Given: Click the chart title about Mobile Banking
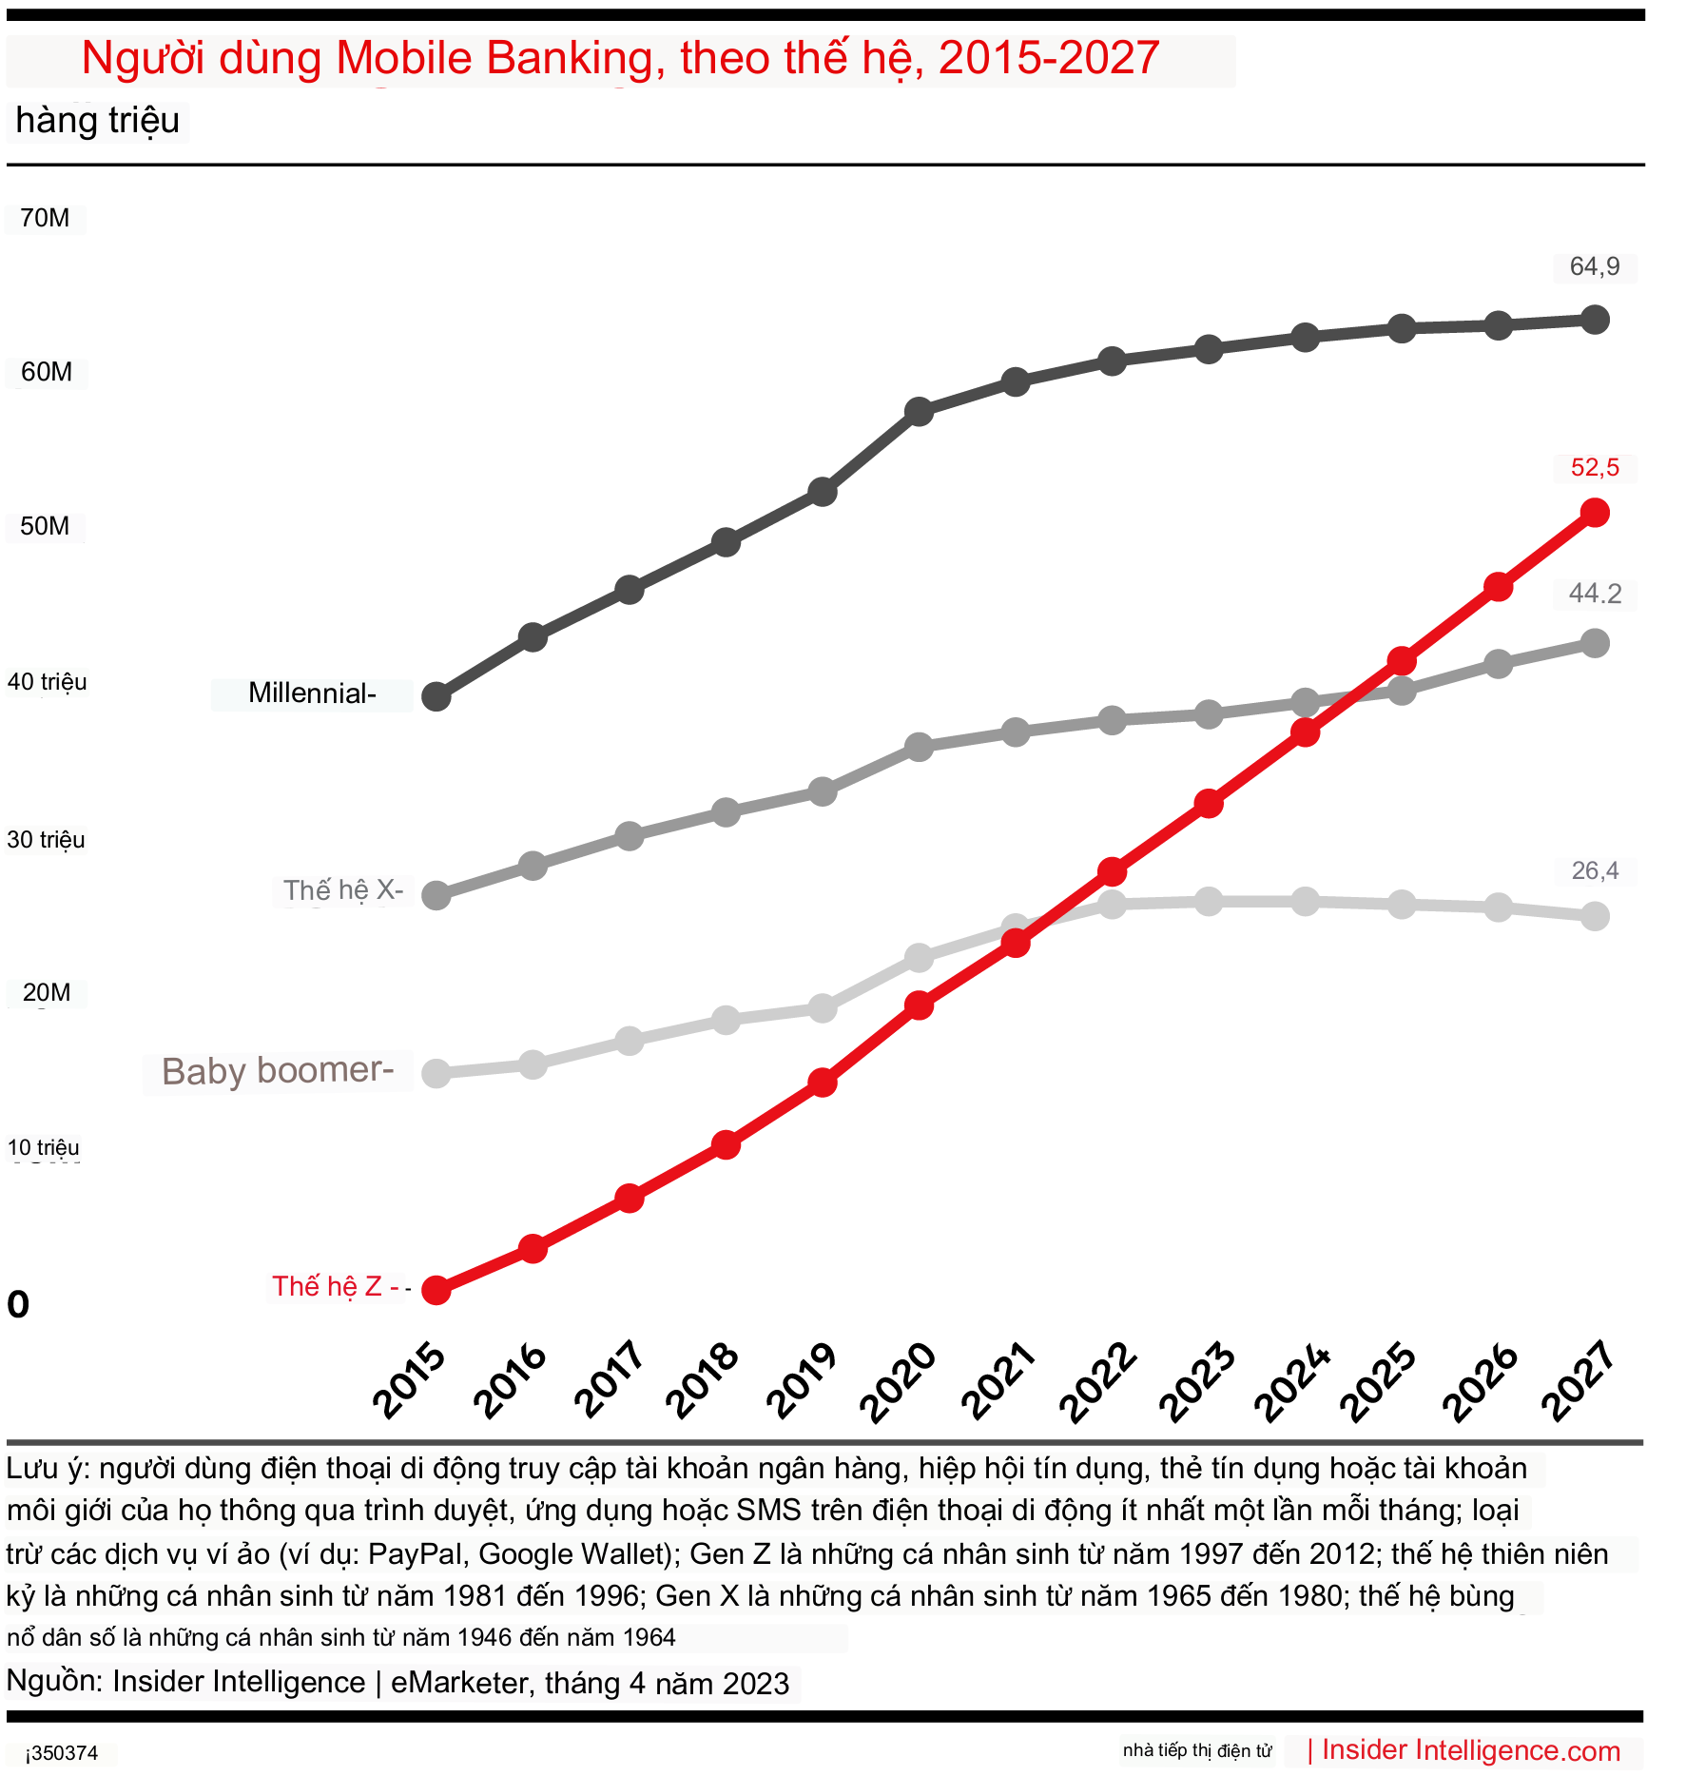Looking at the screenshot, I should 620,59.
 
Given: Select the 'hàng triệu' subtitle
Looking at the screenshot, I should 97,122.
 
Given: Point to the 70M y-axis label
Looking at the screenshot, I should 45,218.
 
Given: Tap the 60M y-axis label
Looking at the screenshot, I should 46,372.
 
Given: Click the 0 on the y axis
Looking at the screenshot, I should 18,1304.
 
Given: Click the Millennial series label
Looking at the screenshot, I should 311,693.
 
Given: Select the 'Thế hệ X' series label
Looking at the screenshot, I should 342,890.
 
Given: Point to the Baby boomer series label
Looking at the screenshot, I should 277,1071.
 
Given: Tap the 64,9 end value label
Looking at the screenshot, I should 1594,266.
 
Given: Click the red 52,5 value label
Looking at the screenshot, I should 1594,467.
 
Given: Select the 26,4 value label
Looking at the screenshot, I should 1594,870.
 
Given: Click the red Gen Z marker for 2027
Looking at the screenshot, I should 1595,514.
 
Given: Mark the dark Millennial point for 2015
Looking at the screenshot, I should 436,696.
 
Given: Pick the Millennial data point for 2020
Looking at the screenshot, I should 919,412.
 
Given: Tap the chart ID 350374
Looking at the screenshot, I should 62,1753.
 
